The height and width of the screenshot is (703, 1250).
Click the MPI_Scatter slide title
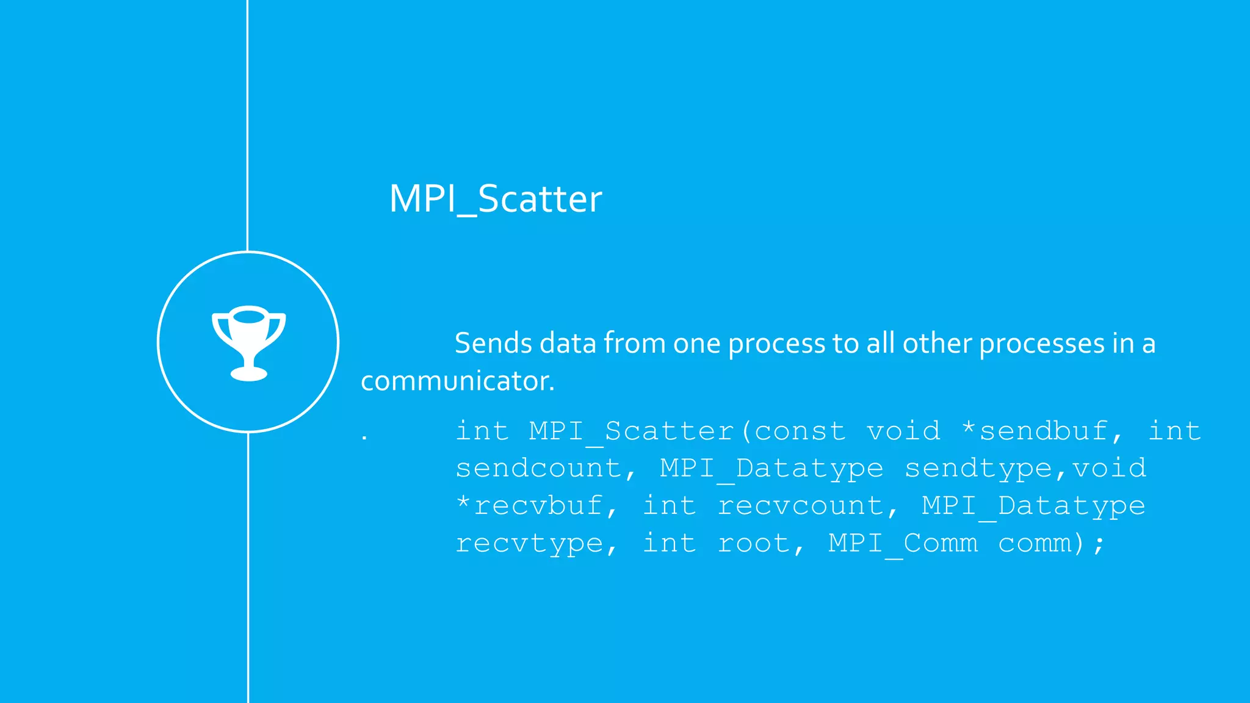tap(495, 199)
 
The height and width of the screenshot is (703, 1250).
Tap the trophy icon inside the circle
tap(248, 342)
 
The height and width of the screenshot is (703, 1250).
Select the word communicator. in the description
tap(457, 381)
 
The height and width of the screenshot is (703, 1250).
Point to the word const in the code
tap(800, 431)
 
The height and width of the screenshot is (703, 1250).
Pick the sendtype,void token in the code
tap(1025, 469)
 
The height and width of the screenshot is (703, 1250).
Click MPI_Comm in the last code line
tap(903, 543)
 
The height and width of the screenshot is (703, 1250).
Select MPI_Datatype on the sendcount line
tap(771, 469)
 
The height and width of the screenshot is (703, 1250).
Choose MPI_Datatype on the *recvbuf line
tap(1033, 506)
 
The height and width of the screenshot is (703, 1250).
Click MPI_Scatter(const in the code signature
tap(687, 431)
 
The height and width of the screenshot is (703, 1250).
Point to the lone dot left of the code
tap(364, 438)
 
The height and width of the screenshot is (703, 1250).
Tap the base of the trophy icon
tap(248, 373)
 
